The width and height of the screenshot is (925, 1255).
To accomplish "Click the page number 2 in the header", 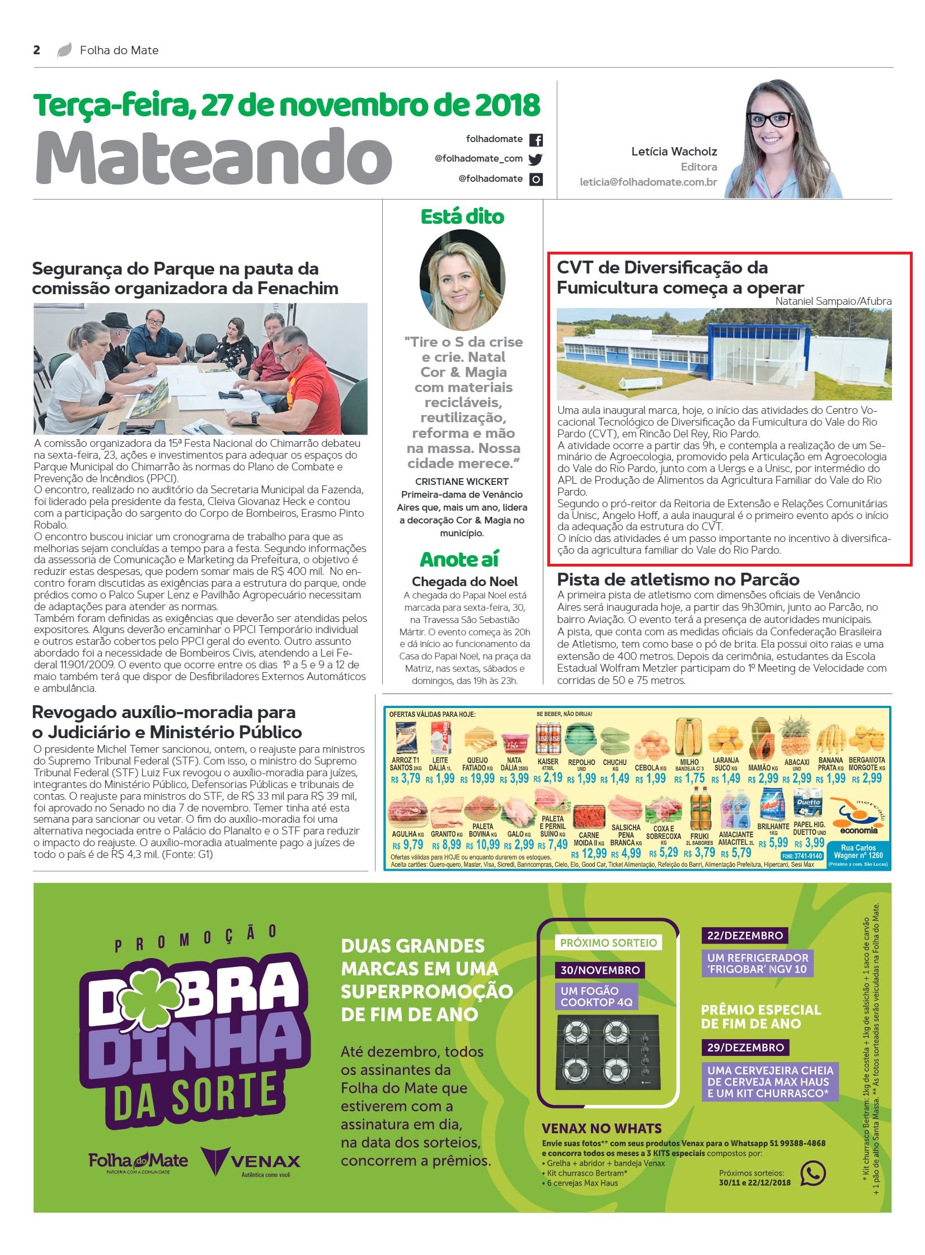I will click(37, 50).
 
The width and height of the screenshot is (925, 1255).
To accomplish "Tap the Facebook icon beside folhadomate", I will click(536, 139).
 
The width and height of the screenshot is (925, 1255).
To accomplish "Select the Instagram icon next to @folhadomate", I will click(536, 180).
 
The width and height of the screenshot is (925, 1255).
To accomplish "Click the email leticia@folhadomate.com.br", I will click(648, 182).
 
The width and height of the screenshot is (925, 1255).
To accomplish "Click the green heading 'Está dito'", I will click(462, 217).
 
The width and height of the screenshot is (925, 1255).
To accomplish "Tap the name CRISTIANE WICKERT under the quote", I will click(461, 482).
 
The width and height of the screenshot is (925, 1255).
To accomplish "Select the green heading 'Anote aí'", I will click(458, 559).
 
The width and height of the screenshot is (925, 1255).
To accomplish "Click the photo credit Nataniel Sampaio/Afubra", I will click(833, 301).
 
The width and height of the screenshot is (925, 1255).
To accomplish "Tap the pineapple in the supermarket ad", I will click(795, 737).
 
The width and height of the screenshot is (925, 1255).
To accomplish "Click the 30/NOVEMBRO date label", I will click(600, 970).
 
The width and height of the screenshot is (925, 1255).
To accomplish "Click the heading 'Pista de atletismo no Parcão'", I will click(678, 579).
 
